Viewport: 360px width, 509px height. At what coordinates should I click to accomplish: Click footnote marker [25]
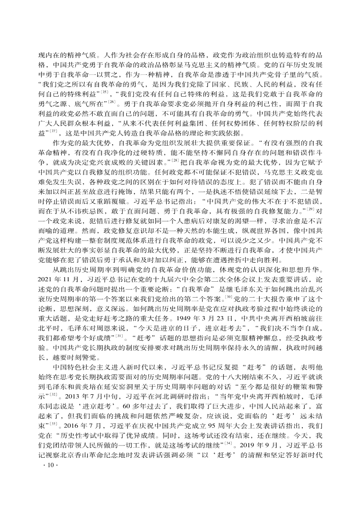[x=105, y=92]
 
